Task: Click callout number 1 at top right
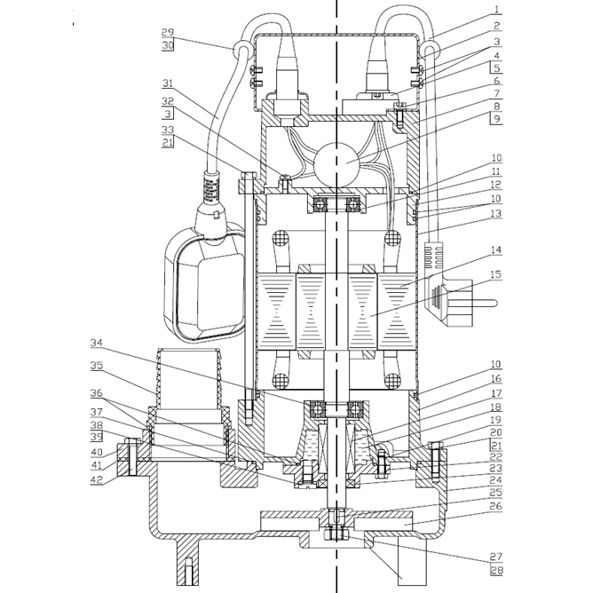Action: [497, 11]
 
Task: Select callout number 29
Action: [168, 32]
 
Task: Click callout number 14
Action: [496, 251]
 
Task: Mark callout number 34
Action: [96, 342]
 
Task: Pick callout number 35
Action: [96, 365]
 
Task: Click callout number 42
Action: [96, 479]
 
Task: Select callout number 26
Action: [496, 507]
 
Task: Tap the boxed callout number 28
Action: [496, 569]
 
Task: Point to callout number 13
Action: [496, 213]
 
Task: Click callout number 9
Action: [496, 118]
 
